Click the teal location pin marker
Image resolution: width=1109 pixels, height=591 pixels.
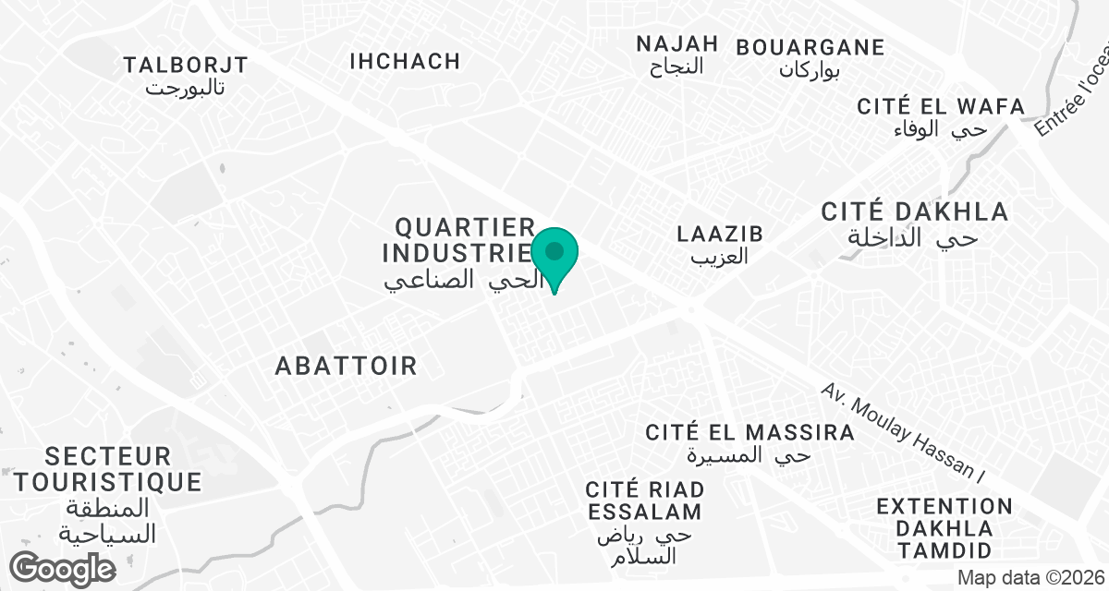click(554, 254)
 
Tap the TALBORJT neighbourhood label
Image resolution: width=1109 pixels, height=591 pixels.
click(186, 65)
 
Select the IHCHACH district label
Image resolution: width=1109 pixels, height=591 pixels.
click(405, 61)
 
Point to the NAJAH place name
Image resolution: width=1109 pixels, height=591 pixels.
click(677, 43)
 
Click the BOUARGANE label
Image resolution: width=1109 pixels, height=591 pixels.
click(810, 47)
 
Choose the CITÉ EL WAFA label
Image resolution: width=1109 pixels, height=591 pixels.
click(941, 106)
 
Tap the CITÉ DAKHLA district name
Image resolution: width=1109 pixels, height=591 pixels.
click(915, 212)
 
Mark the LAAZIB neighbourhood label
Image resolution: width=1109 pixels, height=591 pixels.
click(720, 234)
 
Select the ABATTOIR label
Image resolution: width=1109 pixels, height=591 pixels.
click(347, 366)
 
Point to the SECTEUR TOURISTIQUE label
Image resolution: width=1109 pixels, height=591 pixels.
click(108, 468)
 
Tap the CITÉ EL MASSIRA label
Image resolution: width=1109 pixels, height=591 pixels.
click(749, 432)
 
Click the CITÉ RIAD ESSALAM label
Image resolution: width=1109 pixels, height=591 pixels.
click(644, 500)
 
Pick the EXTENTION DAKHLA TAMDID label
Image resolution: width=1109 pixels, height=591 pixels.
click(944, 528)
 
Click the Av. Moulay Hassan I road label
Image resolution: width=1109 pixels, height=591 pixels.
click(903, 430)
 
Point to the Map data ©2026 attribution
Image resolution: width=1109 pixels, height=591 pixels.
click(1030, 577)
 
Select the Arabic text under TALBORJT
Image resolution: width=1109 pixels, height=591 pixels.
click(186, 89)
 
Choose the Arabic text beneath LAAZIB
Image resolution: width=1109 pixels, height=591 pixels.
click(720, 257)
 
